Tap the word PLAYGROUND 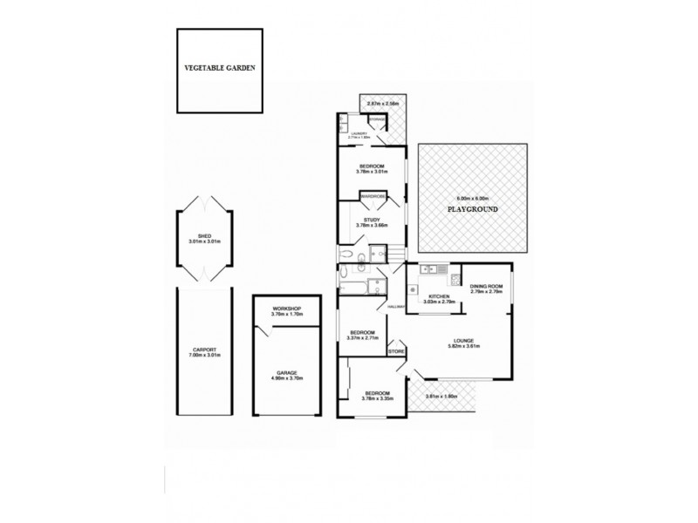472,211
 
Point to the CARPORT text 205,352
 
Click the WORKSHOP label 286,310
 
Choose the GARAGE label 286,373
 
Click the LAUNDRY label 359,134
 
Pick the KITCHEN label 439,297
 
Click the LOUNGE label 462,343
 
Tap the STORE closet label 397,351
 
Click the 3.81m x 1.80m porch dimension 441,397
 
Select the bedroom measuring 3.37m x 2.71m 362,335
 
